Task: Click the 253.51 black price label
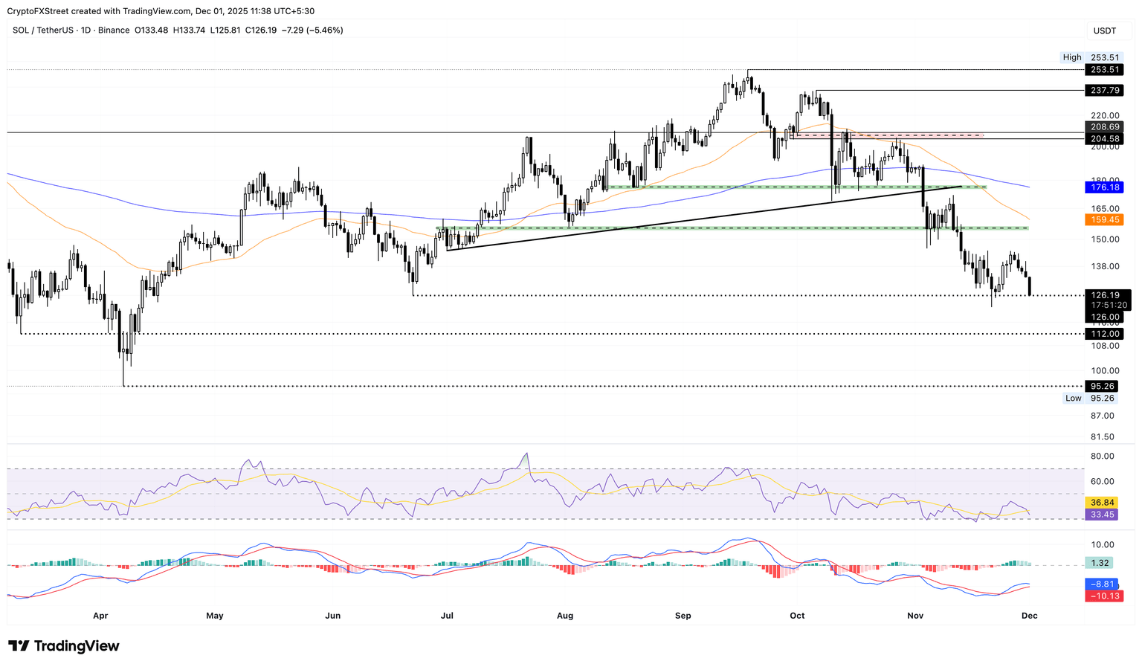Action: click(1104, 70)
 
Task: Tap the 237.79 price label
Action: click(1104, 91)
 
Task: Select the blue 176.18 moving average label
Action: click(1104, 187)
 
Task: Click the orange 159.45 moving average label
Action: click(1104, 220)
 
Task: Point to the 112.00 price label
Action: click(1104, 334)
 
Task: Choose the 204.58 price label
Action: click(1104, 139)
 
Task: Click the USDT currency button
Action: click(1105, 30)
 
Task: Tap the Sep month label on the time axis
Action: click(683, 616)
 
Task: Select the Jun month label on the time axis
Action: click(333, 616)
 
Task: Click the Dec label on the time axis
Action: click(1029, 616)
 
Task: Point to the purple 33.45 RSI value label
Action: click(1102, 515)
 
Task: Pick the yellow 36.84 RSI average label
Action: click(1102, 503)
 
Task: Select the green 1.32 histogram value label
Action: click(1102, 564)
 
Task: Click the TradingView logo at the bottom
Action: click(64, 646)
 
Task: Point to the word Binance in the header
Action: click(114, 30)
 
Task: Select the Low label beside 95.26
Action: click(1073, 399)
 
